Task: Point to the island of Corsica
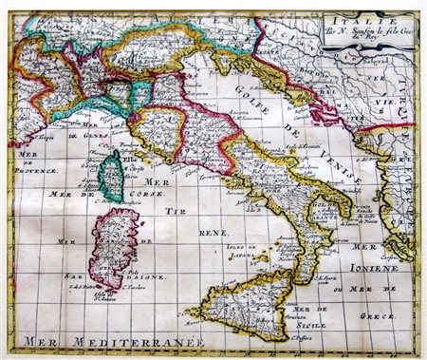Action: (112, 175)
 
